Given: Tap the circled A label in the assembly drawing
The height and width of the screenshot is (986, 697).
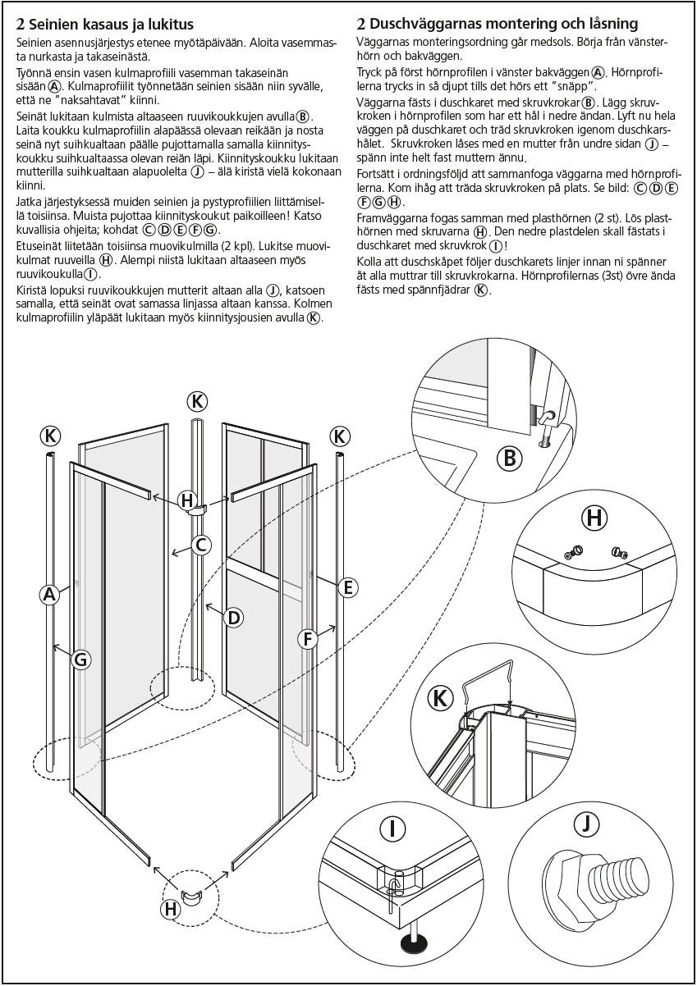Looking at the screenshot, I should (x=49, y=596).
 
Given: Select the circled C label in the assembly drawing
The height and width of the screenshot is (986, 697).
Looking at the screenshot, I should (x=201, y=544).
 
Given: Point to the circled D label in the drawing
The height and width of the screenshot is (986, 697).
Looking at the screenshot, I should (x=234, y=617).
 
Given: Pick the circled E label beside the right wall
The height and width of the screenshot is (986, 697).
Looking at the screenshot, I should (x=347, y=587).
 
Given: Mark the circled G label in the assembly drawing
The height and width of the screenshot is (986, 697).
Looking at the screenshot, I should (x=80, y=658).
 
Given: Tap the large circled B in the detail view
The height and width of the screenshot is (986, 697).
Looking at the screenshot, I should (x=509, y=459).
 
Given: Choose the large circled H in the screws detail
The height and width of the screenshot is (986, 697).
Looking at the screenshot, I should (x=594, y=518).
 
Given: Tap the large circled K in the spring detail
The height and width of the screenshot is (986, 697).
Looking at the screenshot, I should (x=442, y=698).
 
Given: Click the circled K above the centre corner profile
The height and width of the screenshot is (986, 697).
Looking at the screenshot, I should (x=196, y=401).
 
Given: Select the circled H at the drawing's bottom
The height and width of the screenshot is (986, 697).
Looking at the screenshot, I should (x=171, y=908).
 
